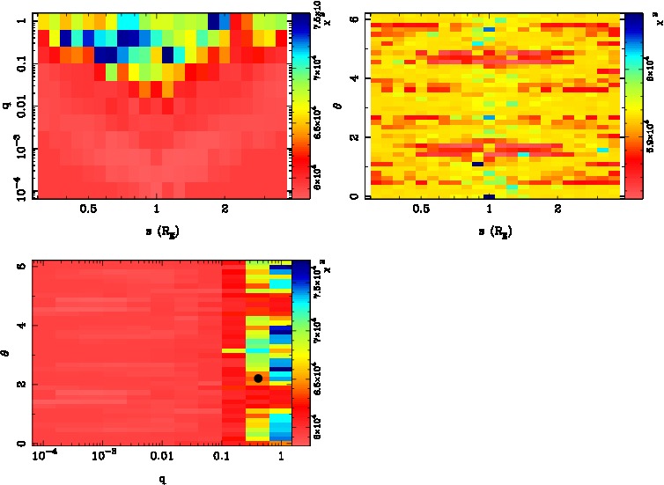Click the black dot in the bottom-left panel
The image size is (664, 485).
pos(258,378)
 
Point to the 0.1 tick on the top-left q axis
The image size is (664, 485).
pos(20,65)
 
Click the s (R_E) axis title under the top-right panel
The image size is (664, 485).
pos(490,231)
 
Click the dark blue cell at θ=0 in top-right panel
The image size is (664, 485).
pos(490,196)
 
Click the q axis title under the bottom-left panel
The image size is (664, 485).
pos(161,479)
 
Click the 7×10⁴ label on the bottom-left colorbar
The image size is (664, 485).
pos(320,328)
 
